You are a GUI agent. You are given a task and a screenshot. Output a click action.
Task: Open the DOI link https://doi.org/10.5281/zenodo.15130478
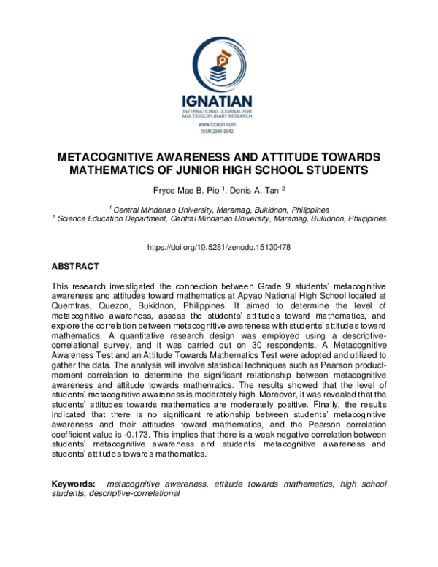click(x=219, y=248)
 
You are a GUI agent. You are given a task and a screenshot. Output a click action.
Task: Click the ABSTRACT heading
click(x=75, y=267)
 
